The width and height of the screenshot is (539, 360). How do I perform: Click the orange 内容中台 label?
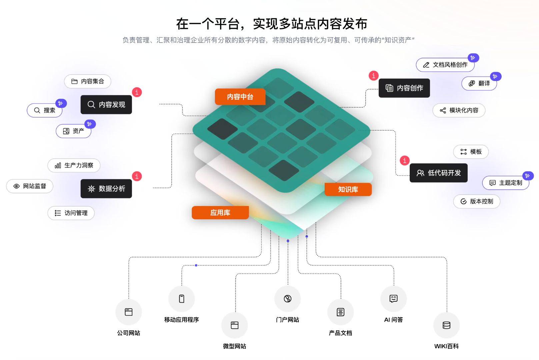pos(240,97)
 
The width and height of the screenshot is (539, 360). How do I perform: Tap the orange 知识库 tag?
pos(348,189)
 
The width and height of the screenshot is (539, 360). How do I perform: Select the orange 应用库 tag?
pos(220,213)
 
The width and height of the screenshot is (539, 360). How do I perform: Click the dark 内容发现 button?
pos(106,105)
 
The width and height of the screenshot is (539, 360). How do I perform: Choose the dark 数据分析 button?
pos(106,189)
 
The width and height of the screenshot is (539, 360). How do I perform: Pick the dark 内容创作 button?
pos(404,88)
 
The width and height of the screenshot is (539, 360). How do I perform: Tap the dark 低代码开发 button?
pos(438,173)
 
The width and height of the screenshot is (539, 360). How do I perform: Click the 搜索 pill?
pos(45,110)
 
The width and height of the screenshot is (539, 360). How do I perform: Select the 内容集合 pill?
pos(87,81)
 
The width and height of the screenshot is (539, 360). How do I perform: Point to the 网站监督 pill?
pos(30,186)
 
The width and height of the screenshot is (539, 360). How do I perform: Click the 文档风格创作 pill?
pos(445,65)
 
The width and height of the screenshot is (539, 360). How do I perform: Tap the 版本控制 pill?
pos(476,201)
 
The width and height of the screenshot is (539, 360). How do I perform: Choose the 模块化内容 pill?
pos(459,110)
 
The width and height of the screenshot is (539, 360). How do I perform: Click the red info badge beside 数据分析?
pos(137,176)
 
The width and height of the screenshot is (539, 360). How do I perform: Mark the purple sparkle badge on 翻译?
pos(495,76)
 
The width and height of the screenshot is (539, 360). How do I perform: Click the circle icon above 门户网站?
pos(287,299)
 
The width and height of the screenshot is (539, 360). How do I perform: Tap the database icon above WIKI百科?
pos(446,325)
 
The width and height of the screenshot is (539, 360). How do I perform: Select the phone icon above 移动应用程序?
pos(182,299)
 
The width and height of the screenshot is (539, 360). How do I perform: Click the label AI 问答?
pos(393,320)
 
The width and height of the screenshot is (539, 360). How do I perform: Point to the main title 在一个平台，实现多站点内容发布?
pos(271,24)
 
